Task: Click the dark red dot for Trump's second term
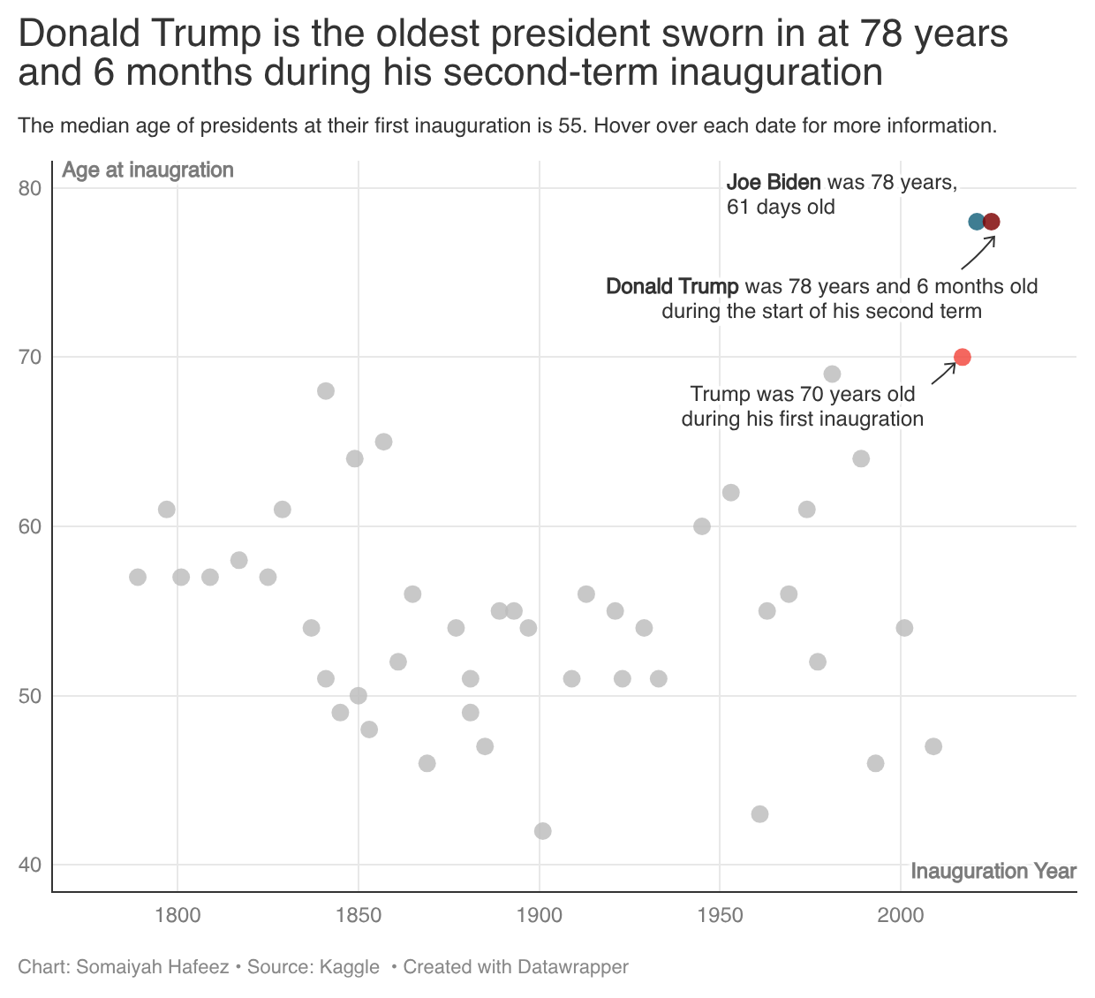992,222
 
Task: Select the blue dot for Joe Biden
976,222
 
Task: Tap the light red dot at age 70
963,357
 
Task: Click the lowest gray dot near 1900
543,831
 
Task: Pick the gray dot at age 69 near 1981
832,374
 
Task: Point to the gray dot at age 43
759,814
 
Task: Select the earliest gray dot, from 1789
138,578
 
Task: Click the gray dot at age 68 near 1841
326,391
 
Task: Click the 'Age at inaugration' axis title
147,170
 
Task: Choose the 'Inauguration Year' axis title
993,872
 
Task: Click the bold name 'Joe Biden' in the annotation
774,183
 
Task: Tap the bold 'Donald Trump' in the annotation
672,287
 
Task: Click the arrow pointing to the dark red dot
978,253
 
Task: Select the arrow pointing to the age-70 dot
943,373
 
